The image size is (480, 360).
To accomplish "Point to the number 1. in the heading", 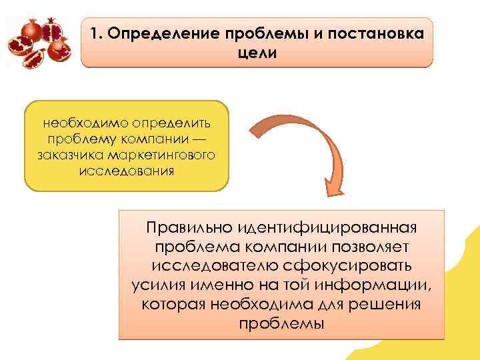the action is coord(95,34).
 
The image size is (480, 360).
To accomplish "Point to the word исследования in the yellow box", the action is coord(126,171).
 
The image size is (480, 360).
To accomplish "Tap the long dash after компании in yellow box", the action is coord(200,139).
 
